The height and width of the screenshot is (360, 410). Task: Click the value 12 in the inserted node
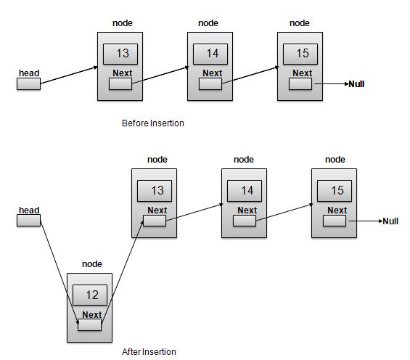point(91,295)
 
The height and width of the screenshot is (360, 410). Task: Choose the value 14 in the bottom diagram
point(246,191)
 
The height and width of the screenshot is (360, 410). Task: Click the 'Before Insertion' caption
point(152,123)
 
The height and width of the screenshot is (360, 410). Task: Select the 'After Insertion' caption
point(149,352)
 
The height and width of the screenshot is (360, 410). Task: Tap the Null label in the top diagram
point(356,84)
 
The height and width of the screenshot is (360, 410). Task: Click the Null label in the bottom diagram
point(390,221)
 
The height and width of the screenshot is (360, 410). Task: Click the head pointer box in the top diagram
point(28,84)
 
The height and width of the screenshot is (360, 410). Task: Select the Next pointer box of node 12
point(89,325)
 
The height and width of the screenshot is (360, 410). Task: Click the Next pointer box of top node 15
point(300,84)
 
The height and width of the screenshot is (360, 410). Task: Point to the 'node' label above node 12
point(91,264)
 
